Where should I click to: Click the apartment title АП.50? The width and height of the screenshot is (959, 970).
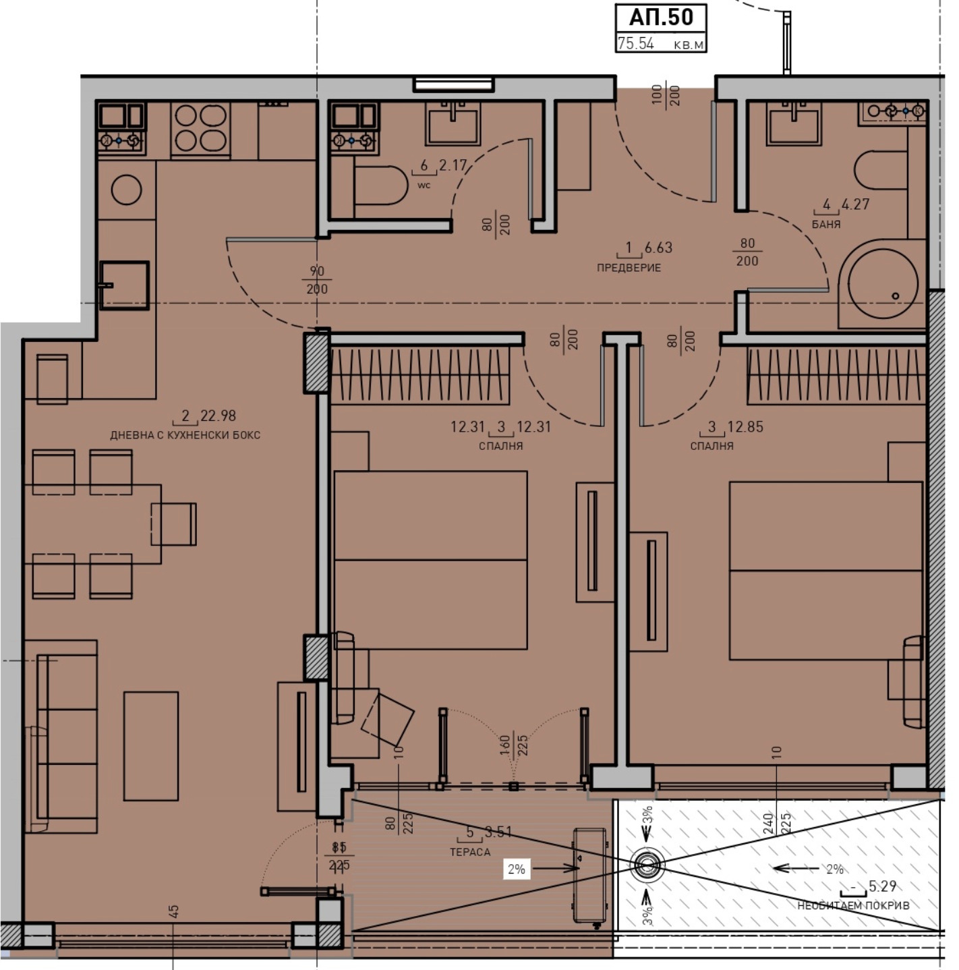[660, 17]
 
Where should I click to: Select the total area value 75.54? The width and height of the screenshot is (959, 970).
[635, 44]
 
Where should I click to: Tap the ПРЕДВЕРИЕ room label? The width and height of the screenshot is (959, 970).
[629, 268]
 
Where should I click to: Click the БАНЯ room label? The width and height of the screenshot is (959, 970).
[826, 225]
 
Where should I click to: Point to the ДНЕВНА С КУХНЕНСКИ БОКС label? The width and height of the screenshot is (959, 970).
[185, 435]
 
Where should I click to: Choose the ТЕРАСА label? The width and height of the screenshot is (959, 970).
[470, 852]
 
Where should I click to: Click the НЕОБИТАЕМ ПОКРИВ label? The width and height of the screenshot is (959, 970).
[853, 905]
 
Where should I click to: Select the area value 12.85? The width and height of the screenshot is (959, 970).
[745, 426]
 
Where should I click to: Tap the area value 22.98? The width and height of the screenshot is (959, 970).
[218, 416]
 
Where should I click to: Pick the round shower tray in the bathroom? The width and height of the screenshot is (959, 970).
[882, 283]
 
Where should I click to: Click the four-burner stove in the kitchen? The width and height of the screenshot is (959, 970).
[200, 129]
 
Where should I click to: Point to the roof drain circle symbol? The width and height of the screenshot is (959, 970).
[647, 865]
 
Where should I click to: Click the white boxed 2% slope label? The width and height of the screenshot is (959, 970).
[517, 869]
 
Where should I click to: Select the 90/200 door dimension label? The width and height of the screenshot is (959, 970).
[316, 280]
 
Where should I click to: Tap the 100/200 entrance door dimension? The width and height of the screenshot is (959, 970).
[666, 95]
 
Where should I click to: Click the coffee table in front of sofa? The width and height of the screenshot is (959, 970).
[151, 745]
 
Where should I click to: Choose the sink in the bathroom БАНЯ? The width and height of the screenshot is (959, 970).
[793, 123]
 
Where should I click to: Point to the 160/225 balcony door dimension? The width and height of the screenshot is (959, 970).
[514, 745]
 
